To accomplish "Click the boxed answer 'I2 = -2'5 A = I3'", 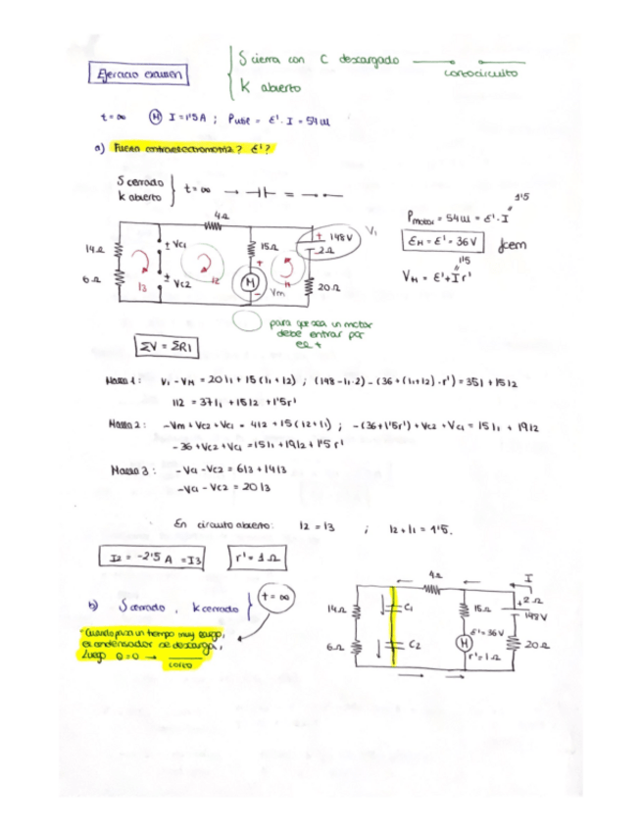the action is point(153,559).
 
